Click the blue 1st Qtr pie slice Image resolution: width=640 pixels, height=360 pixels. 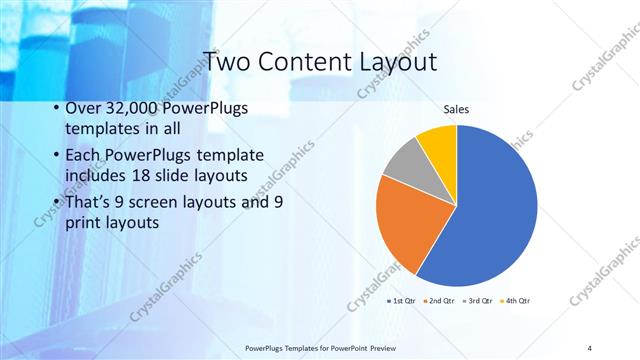490,210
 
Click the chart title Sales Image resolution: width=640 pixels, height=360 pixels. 456,109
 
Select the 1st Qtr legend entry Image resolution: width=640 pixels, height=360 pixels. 401,300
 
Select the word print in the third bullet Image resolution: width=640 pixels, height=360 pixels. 83,223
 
